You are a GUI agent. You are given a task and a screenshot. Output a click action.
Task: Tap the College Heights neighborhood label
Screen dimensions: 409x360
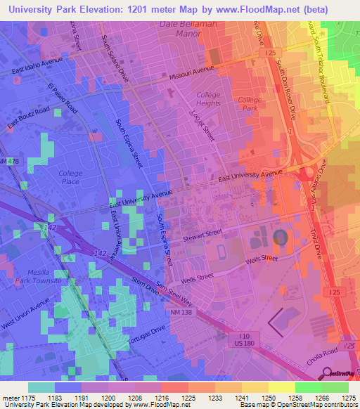pyautogui.click(x=208, y=99)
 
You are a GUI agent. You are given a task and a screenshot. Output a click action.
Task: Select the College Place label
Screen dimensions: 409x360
pyautogui.click(x=70, y=177)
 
